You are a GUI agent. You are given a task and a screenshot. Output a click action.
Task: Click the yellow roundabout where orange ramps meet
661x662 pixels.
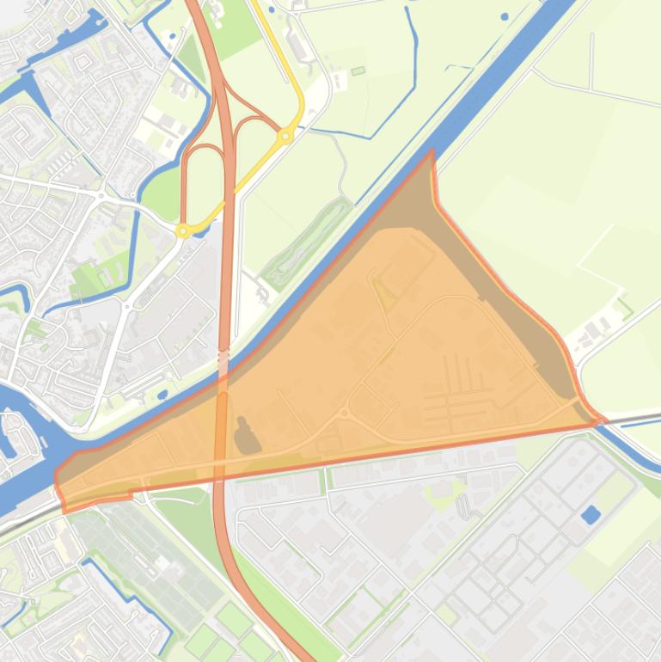click(285, 136)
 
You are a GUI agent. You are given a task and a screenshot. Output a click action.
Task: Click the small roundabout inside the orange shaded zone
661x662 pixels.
click(345, 414)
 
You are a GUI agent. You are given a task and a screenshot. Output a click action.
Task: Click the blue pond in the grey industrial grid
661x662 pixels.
click(591, 515)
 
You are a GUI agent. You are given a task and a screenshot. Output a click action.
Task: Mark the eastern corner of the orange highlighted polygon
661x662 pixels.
click(602, 420)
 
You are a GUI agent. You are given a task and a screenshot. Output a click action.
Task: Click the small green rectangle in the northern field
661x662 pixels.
click(358, 70)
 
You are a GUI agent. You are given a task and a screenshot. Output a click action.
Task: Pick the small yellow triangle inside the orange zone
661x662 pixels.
click(384, 295)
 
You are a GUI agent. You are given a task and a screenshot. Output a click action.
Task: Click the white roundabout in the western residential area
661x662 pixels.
click(101, 195)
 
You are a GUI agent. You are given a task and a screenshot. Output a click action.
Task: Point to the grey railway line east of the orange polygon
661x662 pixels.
click(636, 417)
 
